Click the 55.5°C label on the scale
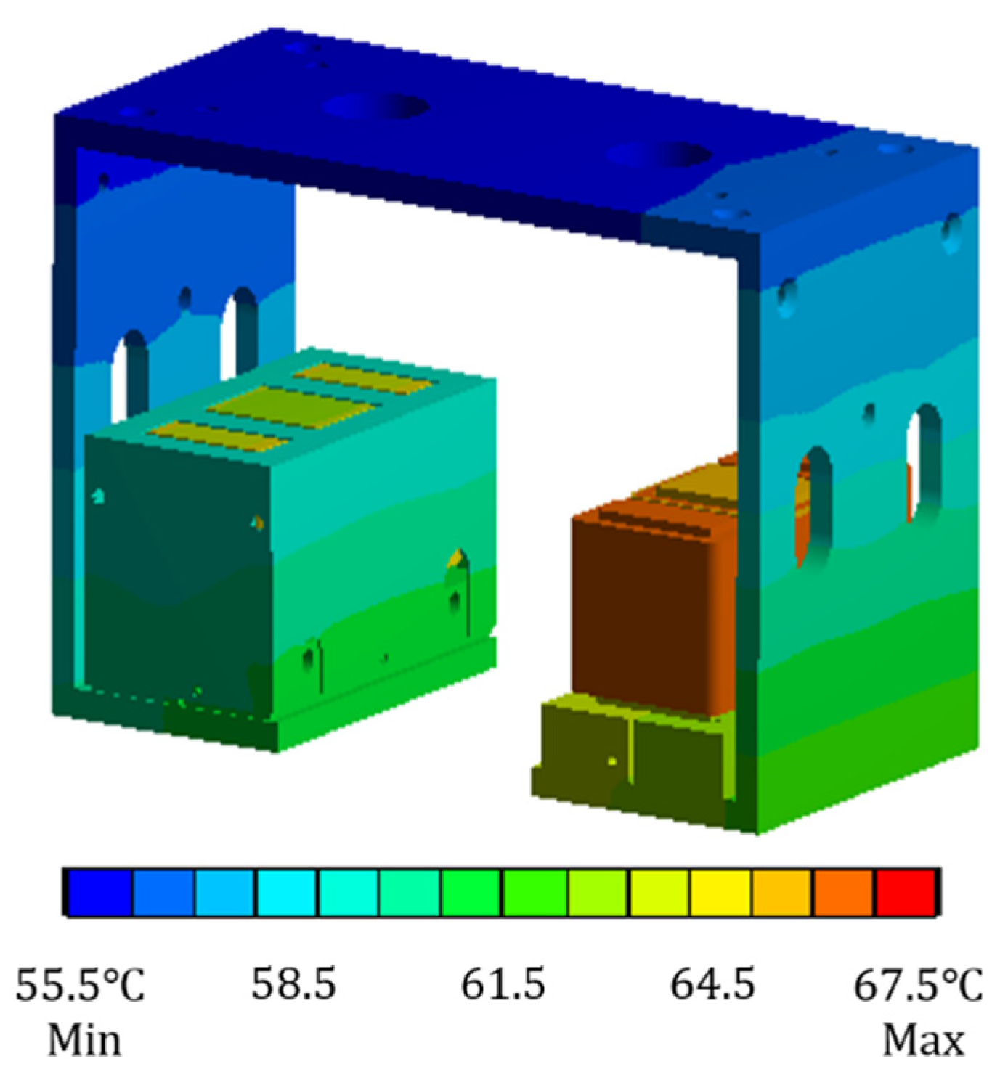tap(80, 985)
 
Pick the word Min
tap(84, 1040)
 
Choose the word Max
tap(923, 1040)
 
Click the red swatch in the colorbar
tap(905, 892)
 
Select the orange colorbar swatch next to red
tap(843, 892)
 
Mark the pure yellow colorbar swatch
tap(720, 892)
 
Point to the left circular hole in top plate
tap(375, 107)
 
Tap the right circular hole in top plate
tap(658, 155)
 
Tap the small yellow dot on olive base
tap(612, 761)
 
